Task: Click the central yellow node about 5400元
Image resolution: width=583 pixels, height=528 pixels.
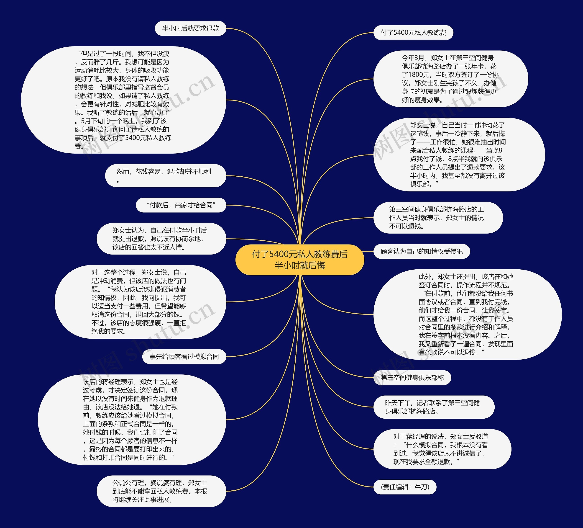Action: pyautogui.click(x=300, y=260)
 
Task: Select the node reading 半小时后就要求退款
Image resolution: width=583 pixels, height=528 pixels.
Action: pyautogui.click(x=190, y=28)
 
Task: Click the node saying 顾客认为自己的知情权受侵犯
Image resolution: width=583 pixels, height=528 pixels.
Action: pyautogui.click(x=421, y=251)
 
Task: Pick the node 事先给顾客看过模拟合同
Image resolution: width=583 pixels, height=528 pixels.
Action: pyautogui.click(x=184, y=356)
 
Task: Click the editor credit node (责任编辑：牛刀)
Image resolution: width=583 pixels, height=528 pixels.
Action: pyautogui.click(x=405, y=487)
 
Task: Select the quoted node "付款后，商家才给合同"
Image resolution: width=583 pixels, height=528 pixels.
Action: pyautogui.click(x=181, y=205)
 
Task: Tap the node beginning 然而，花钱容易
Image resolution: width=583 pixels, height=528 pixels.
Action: pyautogui.click(x=165, y=175)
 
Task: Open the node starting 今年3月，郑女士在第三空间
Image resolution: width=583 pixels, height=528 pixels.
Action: pyautogui.click(x=450, y=79)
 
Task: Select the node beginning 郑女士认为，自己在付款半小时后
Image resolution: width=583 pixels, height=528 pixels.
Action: pyautogui.click(x=161, y=239)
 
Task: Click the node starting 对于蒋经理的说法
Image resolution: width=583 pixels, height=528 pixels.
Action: pyautogui.click(x=442, y=449)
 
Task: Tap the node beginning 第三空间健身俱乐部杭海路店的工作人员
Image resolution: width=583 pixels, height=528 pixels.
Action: pyautogui.click(x=438, y=218)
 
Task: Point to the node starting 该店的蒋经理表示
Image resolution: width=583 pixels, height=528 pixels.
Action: pyautogui.click(x=132, y=420)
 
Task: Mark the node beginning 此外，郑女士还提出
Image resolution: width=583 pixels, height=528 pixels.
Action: pyautogui.click(x=467, y=314)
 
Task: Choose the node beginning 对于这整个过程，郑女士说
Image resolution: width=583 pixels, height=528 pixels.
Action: pyautogui.click(x=140, y=302)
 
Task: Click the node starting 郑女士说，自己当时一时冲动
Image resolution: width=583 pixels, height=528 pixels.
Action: pyautogui.click(x=459, y=155)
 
